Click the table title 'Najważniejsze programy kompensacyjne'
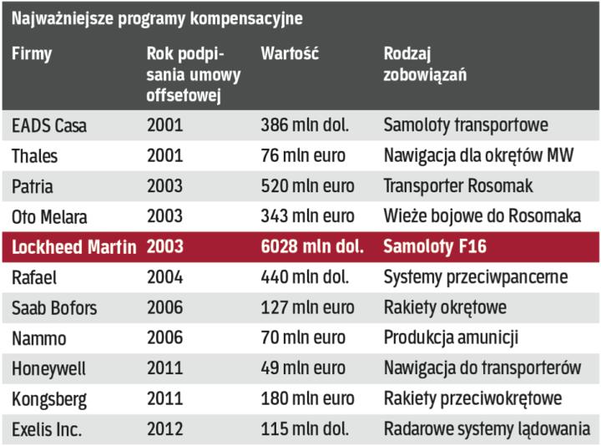pos(157,18)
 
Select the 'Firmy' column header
pos(32,54)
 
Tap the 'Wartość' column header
pos(289,54)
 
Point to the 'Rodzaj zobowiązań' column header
pos(425,64)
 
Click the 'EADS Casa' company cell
pos(49,126)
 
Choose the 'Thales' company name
pos(35,156)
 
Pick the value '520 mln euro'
pos(307,186)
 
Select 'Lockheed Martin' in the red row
pos(74,247)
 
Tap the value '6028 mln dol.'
pos(312,247)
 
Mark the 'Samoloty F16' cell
pos(435,247)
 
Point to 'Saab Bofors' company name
pos(54,308)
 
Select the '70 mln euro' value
pos(303,338)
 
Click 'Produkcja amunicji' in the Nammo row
pos(451,338)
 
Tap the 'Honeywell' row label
pos(48,368)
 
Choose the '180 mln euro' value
pos(307,399)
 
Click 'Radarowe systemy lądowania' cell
pos(487,429)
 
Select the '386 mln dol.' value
pos(305,126)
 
